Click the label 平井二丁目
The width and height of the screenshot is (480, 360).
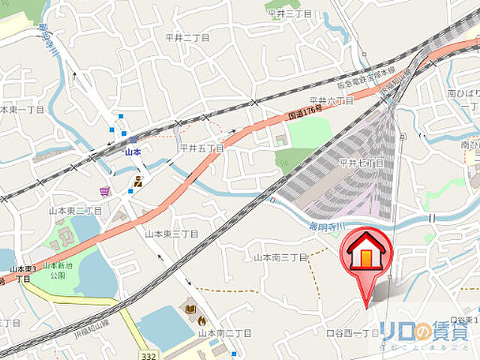(187, 37)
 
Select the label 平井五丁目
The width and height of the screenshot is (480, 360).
(201, 148)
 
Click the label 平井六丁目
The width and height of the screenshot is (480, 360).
(331, 100)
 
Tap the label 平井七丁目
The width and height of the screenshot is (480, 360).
(361, 163)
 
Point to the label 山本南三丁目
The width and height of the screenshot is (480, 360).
(280, 257)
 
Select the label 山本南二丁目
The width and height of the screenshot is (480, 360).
(223, 332)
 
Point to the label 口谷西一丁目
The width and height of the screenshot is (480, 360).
(352, 331)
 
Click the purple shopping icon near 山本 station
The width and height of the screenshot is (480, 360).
(104, 191)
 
